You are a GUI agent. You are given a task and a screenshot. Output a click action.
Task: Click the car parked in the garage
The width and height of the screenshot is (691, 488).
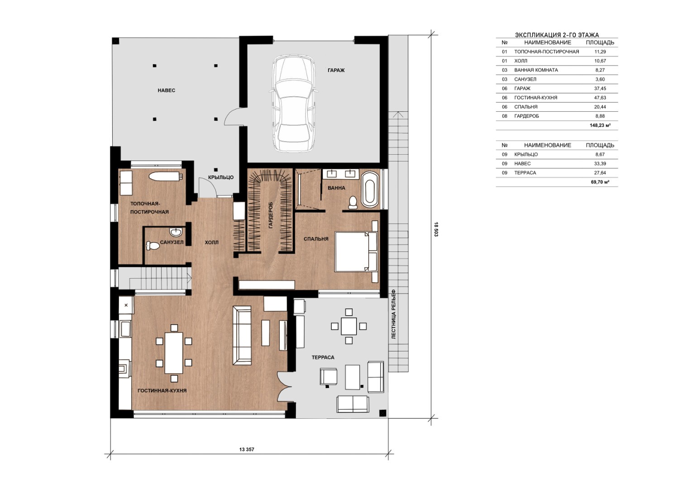point(293,103)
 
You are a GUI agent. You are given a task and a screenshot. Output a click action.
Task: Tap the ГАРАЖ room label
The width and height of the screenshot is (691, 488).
point(336,70)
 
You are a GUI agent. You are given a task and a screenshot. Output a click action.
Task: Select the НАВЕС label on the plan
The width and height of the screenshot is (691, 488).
point(166,90)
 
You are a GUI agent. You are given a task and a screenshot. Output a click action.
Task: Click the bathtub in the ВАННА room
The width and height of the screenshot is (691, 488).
point(370,189)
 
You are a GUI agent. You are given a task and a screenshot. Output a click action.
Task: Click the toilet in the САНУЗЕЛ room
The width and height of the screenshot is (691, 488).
point(152,246)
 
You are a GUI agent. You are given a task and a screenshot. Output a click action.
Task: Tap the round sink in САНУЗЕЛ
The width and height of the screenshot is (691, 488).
point(176,231)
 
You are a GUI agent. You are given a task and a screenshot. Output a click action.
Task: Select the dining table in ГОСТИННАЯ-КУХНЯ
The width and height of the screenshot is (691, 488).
point(174,353)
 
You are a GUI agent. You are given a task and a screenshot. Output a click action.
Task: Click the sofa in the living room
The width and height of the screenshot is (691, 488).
point(242,336)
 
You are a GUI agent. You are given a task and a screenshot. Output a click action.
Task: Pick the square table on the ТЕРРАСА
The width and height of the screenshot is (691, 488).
point(348,326)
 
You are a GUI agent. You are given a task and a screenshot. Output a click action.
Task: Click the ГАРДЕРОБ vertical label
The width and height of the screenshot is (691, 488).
point(271,215)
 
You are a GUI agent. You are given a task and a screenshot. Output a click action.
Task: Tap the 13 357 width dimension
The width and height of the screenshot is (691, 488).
point(247,450)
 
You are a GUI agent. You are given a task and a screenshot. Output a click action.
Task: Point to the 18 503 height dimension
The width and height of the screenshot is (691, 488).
point(436,229)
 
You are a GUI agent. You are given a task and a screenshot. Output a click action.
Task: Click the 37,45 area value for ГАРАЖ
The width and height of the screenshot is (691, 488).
point(600,89)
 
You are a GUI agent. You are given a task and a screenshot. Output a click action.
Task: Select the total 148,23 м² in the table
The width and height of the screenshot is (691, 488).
point(600,125)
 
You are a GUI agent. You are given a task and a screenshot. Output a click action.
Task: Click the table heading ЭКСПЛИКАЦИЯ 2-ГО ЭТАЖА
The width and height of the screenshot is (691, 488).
point(557,35)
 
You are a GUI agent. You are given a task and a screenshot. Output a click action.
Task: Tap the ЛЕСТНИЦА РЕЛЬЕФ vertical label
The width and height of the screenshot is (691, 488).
point(393,314)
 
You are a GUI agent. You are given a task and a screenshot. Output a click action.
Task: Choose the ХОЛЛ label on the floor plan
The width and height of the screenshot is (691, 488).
point(211,242)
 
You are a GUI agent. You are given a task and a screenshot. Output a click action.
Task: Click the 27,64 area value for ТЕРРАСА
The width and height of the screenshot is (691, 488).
point(600,173)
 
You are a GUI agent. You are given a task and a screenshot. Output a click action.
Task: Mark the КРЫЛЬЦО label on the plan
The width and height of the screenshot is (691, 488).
point(220,178)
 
